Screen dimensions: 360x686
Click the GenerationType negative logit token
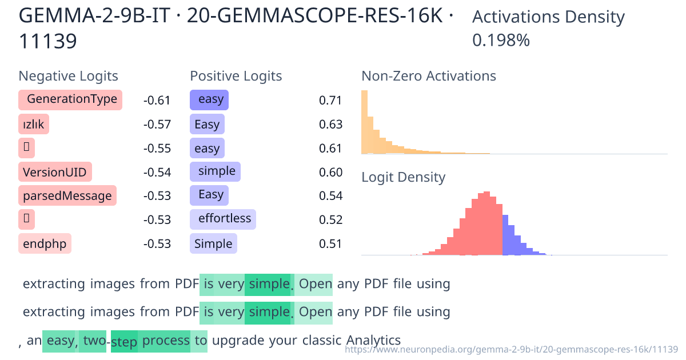pyautogui.click(x=70, y=99)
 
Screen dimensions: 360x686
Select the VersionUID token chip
pyautogui.click(x=55, y=172)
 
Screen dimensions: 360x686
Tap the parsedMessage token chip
pyautogui.click(x=67, y=196)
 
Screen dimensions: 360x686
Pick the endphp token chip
pyautogui.click(x=45, y=245)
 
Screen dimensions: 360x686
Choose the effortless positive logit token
pyautogui.click(x=223, y=219)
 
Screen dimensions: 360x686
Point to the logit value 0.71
pyautogui.click(x=330, y=101)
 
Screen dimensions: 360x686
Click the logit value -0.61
pyautogui.click(x=157, y=101)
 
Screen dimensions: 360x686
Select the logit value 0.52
pyautogui.click(x=330, y=220)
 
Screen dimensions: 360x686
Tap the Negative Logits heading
pyautogui.click(x=69, y=76)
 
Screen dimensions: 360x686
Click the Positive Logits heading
pyautogui.click(x=236, y=76)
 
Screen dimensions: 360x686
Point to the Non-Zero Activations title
pyautogui.click(x=429, y=76)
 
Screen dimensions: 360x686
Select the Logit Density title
pyautogui.click(x=403, y=177)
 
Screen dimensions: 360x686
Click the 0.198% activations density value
pyautogui.click(x=501, y=41)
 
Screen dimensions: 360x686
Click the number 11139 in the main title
pyautogui.click(x=48, y=41)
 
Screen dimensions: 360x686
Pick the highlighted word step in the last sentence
pyautogui.click(x=124, y=342)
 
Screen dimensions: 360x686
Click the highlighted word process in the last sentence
pyautogui.click(x=166, y=341)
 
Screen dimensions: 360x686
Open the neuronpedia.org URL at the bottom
pyautogui.click(x=512, y=349)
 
